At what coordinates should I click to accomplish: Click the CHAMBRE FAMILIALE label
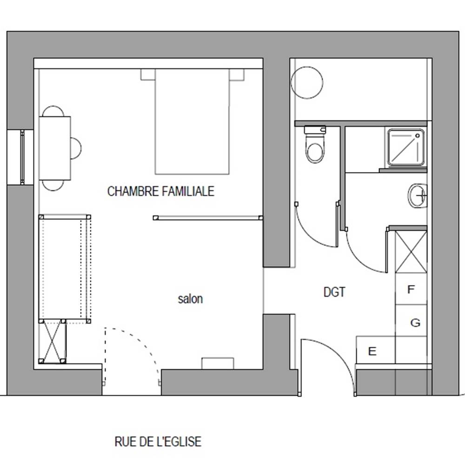[161, 191]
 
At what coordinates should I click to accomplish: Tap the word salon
[190, 299]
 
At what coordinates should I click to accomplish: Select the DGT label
[334, 292]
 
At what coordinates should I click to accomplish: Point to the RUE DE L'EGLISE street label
[158, 442]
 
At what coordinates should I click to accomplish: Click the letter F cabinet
[411, 289]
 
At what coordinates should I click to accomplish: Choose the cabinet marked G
[411, 320]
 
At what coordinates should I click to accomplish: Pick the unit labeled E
[375, 350]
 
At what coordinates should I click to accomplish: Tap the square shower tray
[405, 147]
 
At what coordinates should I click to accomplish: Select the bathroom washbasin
[418, 196]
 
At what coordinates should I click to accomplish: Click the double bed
[192, 121]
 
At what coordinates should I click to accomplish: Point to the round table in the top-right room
[307, 82]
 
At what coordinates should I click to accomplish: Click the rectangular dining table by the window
[55, 148]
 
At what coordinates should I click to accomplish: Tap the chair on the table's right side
[76, 148]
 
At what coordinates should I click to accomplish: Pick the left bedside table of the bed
[148, 75]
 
